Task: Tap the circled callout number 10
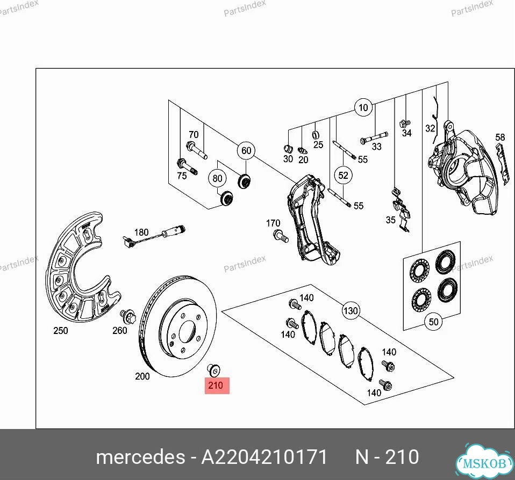(363, 107)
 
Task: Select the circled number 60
(246, 150)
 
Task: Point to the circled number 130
(351, 310)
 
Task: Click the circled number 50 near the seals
(433, 322)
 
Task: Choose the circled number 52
(343, 175)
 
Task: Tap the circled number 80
(217, 178)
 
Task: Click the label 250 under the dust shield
(61, 331)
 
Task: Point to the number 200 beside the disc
(142, 376)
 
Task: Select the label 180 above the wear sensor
(141, 232)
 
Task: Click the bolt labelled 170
(281, 236)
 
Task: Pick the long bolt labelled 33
(374, 137)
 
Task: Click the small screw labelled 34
(405, 123)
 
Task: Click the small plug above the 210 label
(213, 370)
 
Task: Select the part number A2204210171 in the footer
(264, 457)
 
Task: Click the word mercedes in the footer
(140, 457)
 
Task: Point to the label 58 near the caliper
(500, 137)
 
